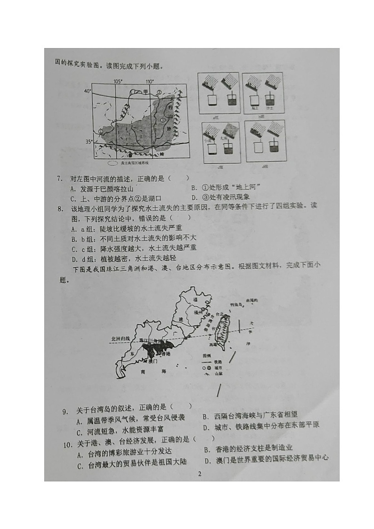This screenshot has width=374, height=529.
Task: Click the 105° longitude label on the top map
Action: pos(118,81)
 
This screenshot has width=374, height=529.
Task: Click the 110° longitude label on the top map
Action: pos(150,81)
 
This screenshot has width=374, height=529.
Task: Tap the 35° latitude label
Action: pos(88,141)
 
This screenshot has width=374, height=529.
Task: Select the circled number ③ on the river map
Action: pos(162,120)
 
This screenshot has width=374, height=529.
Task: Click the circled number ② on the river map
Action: pos(159,92)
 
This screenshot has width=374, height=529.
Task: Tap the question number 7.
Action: pos(59,178)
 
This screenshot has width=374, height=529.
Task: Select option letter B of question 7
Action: pos(194,188)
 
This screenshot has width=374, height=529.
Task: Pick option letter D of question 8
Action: pos(74,259)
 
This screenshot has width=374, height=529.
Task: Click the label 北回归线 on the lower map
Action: pos(120,338)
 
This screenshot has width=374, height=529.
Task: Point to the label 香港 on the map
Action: pos(167,353)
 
